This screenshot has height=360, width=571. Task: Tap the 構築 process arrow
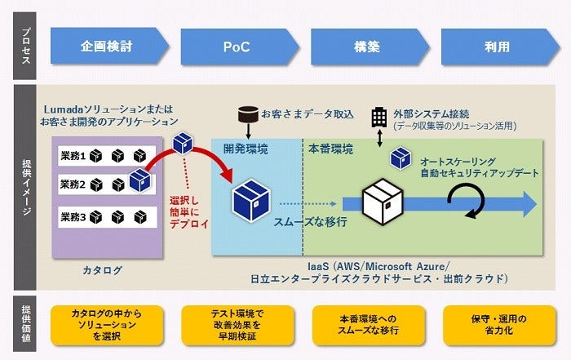(x=367, y=47)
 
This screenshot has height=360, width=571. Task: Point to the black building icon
(x=379, y=117)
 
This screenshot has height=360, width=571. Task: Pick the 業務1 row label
(x=73, y=154)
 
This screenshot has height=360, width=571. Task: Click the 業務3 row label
(x=73, y=216)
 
